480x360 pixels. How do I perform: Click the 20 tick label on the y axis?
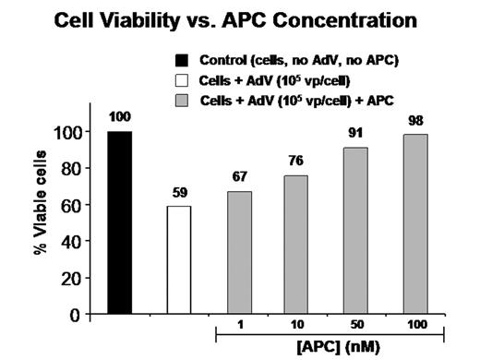(69, 278)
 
